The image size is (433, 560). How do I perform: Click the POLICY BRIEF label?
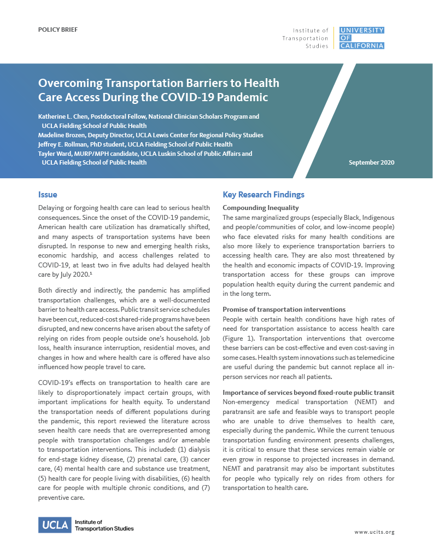click(57, 29)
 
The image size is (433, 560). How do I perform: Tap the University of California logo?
click(362, 38)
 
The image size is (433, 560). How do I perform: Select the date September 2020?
click(371, 162)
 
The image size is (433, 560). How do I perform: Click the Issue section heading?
click(48, 195)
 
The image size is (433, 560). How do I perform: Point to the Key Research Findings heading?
click(264, 195)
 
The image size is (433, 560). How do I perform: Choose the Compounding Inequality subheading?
click(261, 208)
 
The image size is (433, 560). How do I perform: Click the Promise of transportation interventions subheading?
click(284, 310)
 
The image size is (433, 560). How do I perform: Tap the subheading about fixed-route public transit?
click(308, 393)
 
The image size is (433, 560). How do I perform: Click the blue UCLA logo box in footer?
click(55, 525)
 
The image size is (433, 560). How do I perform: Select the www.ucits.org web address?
click(374, 532)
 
